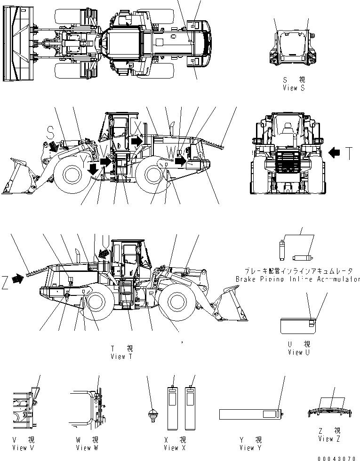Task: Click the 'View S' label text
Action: (x=294, y=88)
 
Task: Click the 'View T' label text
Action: (x=121, y=356)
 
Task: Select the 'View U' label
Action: (x=299, y=352)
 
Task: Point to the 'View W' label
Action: (x=87, y=447)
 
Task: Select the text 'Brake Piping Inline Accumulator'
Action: (x=298, y=279)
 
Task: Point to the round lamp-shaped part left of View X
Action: (x=152, y=416)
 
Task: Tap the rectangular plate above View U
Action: (x=298, y=325)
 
